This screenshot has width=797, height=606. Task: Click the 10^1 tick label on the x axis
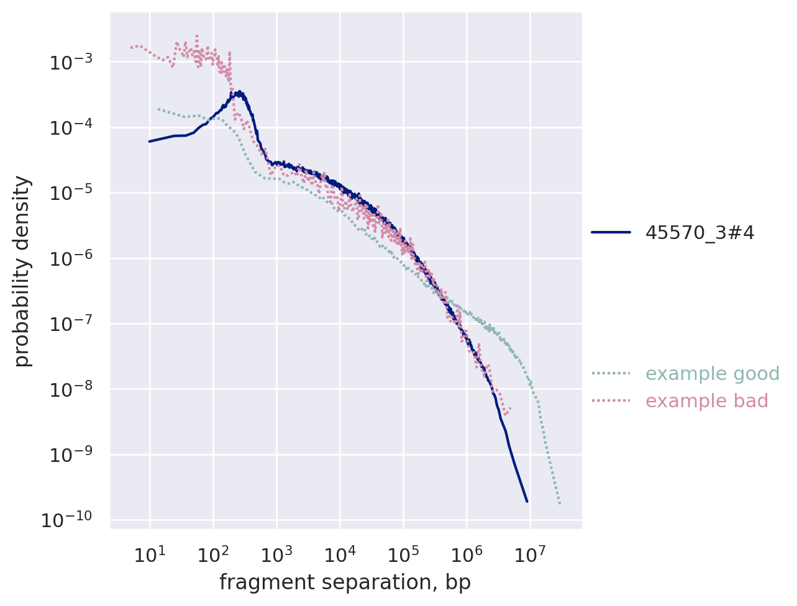[149, 554]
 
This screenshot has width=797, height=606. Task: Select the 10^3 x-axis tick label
[276, 554]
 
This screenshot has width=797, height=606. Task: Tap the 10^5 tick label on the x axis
[403, 554]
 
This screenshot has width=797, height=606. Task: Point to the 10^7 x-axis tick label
[529, 554]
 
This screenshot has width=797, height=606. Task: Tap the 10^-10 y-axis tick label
[66, 520]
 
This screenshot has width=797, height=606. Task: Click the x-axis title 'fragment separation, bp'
[345, 582]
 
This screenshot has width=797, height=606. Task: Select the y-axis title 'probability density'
[22, 271]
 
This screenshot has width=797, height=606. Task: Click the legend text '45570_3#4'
[699, 233]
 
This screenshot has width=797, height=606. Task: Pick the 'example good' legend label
[712, 374]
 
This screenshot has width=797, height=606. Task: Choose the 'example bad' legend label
[706, 401]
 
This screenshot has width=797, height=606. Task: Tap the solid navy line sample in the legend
[611, 233]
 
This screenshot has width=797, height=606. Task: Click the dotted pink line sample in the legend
[611, 401]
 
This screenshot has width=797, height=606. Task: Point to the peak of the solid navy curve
[238, 92]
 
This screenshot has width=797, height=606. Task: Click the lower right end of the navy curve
[527, 501]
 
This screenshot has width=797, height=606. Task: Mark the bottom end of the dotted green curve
[560, 504]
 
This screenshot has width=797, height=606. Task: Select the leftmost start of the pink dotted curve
[131, 47]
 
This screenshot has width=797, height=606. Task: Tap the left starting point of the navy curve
[150, 141]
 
